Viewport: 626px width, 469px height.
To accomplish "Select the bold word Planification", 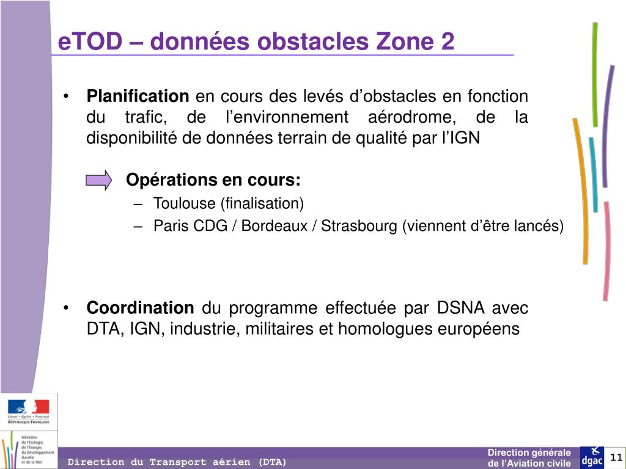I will pyautogui.click(x=138, y=96).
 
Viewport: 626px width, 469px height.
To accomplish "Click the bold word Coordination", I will pyautogui.click(x=140, y=308).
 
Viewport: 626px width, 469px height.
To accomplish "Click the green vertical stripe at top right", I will pyautogui.click(x=595, y=73).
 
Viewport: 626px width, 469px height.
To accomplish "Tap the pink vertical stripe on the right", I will pyautogui.click(x=606, y=250).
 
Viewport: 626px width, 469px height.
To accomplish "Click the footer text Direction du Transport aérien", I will pyautogui.click(x=177, y=462).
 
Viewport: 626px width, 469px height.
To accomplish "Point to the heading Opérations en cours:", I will pyautogui.click(x=213, y=180).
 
